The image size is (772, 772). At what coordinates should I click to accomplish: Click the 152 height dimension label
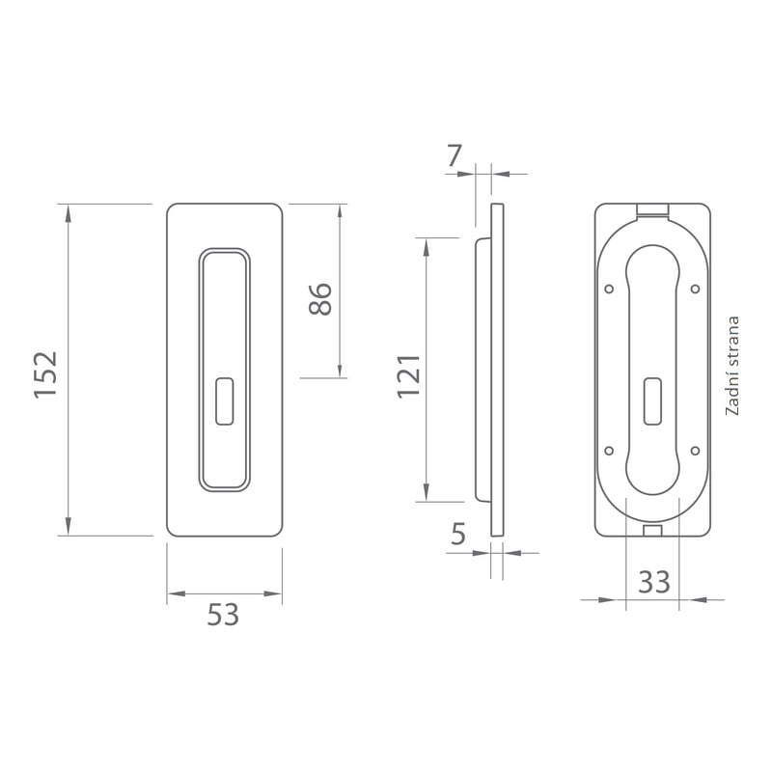point(45,374)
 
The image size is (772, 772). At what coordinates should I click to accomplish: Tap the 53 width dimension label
point(223,615)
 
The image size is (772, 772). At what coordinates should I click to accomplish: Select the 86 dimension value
point(320,299)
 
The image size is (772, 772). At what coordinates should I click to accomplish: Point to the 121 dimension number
point(409,376)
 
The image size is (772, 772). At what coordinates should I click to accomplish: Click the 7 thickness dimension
point(455,155)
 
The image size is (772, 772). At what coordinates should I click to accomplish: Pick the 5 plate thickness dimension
point(457,534)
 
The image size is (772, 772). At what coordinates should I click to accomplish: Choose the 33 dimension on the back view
point(654,582)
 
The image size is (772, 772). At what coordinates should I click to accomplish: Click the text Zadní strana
point(732,366)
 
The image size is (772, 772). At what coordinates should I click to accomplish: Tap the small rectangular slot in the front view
point(225,400)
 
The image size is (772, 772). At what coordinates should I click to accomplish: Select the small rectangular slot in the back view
point(653,400)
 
